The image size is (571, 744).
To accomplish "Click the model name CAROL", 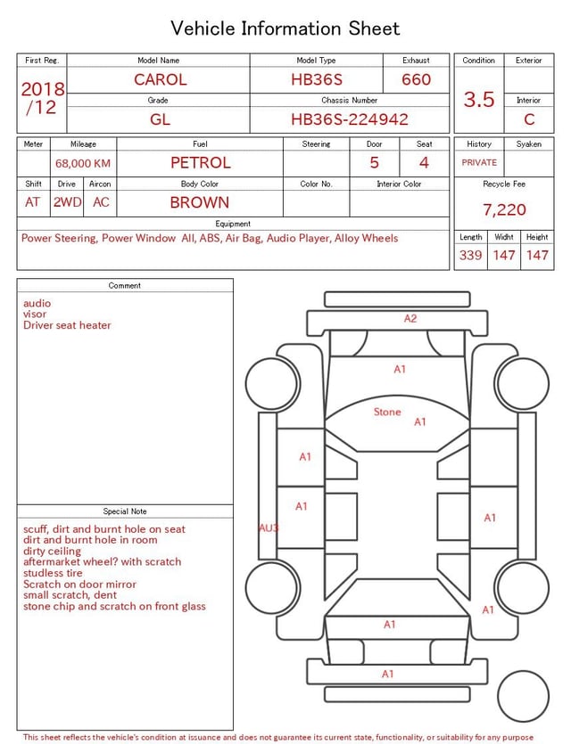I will coord(161,79).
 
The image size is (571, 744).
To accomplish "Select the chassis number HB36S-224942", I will coord(350,119).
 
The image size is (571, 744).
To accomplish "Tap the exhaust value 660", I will coord(416,79).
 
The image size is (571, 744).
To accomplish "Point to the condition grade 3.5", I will coord(479,100).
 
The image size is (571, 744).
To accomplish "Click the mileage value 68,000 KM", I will coord(83,164).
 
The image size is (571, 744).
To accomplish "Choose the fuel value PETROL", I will coord(200,163).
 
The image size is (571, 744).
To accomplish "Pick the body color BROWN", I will coord(200,202).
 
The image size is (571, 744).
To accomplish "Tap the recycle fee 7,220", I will coord(504,210).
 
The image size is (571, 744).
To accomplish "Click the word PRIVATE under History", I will coord(479,163).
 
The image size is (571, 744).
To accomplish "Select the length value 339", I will coord(470,256).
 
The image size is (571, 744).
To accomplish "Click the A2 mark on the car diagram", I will coord(410,318).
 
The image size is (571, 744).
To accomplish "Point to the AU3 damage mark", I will coord(269,528).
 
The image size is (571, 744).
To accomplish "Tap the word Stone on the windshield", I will coord(387,413).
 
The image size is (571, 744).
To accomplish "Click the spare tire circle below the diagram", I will coord(524,696).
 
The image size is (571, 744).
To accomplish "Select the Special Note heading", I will coord(125,511).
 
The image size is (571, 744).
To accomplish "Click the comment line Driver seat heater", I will coord(67,326).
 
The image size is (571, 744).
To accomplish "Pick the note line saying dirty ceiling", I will coord(52,552).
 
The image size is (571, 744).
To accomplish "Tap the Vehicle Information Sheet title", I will coord(285,29).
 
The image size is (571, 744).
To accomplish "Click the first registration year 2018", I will coord(43,90).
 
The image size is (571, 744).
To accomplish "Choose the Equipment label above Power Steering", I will coord(233,224).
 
